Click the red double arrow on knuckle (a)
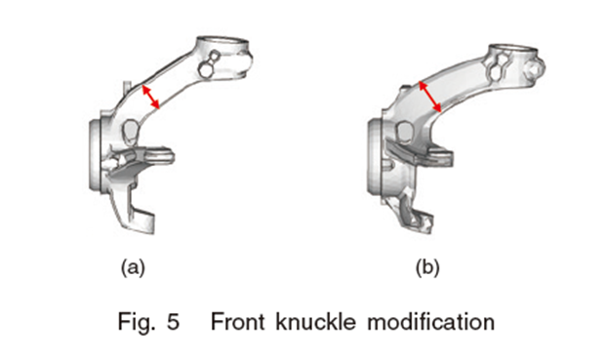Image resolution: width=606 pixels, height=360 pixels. click(150, 97)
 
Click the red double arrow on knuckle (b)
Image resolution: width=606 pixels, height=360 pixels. click(430, 97)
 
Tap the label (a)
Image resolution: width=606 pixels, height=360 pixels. click(133, 267)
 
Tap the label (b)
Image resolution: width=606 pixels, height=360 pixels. click(427, 267)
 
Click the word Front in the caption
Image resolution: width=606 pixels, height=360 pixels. click(237, 321)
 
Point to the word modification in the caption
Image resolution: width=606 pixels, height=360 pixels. click(431, 321)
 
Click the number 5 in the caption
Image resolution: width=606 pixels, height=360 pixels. click(173, 322)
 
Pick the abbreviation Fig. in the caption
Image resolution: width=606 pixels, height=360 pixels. click(137, 322)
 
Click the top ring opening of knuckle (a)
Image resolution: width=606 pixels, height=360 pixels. click(222, 42)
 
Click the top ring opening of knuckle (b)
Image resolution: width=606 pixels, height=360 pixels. click(513, 49)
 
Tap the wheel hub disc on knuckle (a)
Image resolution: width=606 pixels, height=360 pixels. click(96, 155)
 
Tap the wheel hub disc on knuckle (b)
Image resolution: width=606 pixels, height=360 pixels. click(375, 156)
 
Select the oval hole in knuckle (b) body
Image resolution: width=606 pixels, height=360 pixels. click(405, 132)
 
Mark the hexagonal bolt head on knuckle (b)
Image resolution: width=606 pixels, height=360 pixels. click(536, 68)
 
